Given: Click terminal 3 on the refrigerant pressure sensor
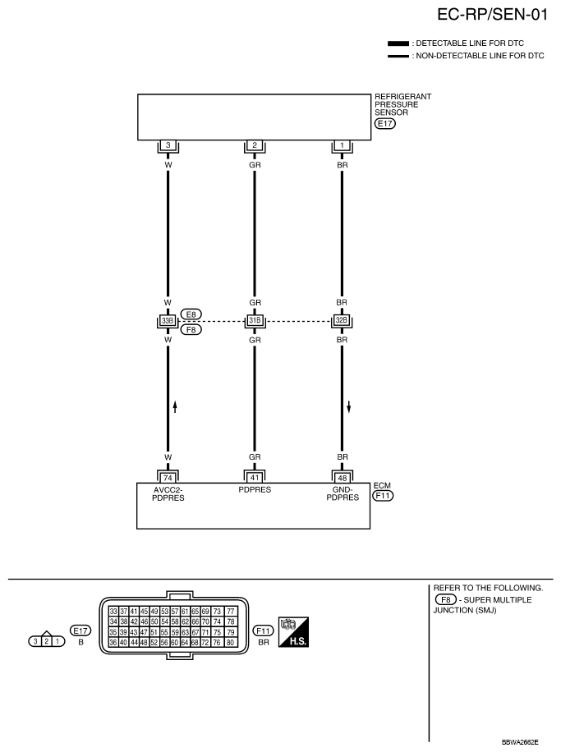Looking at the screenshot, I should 168,145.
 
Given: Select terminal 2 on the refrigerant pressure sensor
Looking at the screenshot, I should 255,145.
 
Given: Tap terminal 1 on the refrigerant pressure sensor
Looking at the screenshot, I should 342,145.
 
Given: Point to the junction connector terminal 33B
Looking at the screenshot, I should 168,320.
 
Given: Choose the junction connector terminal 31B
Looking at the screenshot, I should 255,320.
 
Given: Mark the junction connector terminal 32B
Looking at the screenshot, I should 342,320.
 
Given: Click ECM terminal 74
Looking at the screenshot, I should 168,475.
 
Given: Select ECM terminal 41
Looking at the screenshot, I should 255,475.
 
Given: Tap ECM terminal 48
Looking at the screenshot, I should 342,475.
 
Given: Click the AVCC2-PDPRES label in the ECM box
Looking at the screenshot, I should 168,493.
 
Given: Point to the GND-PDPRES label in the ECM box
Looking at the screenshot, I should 342,493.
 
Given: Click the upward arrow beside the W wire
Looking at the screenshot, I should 175,406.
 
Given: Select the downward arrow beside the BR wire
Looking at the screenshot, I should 349,406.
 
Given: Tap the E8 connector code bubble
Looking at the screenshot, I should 191,314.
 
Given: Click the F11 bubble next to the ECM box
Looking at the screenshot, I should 384,496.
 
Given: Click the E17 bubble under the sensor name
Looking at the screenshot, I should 384,124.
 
